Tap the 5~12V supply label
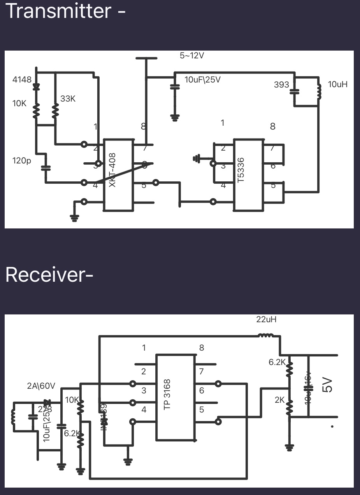point(192,56)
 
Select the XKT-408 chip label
point(112,170)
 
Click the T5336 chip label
point(241,170)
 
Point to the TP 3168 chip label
point(167,395)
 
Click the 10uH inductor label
point(337,84)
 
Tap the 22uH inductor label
point(266,319)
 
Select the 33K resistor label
point(68,99)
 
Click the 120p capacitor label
point(21,160)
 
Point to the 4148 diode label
point(22,80)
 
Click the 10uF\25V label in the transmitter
point(202,80)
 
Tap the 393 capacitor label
point(281,84)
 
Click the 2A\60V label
point(41,386)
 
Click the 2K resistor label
point(279,400)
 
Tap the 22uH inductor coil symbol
point(266,335)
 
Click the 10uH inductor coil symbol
point(319,92)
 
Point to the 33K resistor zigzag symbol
point(55,111)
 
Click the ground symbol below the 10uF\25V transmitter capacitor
point(175,117)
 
